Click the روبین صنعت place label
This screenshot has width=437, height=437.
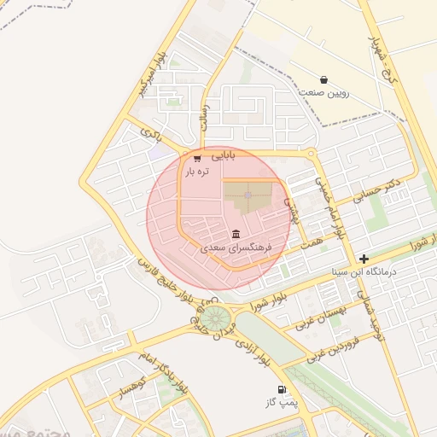click(323, 93)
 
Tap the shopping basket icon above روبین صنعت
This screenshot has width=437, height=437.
click(323, 79)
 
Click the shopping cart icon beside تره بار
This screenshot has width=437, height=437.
click(197, 158)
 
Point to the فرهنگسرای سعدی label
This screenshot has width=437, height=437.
click(236, 248)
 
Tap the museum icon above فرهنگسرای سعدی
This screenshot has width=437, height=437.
click(236, 234)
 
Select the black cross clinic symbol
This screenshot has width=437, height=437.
click(364, 258)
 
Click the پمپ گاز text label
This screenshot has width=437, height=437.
click(281, 402)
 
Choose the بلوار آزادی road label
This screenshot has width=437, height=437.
click(253, 348)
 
